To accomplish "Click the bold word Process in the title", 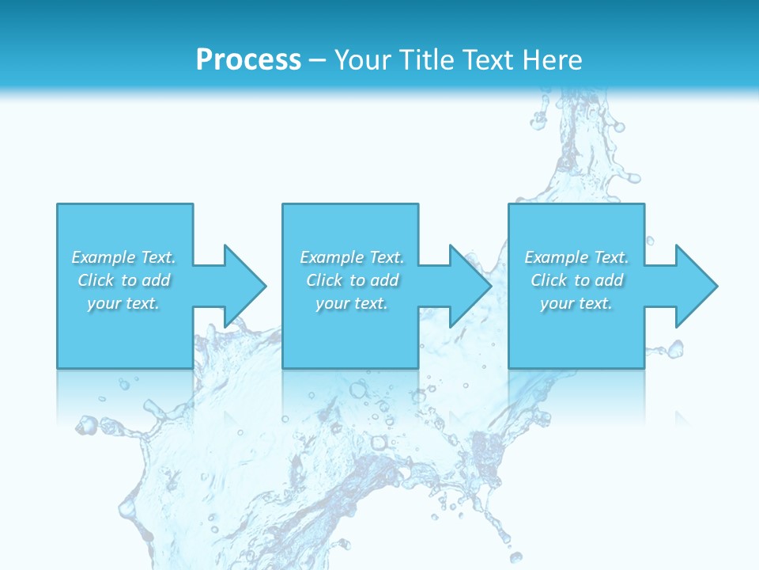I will pos(248,60).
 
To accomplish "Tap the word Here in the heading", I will pos(553,60).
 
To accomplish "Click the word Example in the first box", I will pos(104,257).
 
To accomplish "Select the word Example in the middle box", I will pos(331,257).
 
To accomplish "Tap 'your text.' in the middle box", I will pos(351,303).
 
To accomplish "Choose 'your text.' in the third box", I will pos(576,303).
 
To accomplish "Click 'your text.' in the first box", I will pos(123,303).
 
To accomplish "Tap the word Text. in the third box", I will pos(610,257).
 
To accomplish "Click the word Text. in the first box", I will pos(158,257).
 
